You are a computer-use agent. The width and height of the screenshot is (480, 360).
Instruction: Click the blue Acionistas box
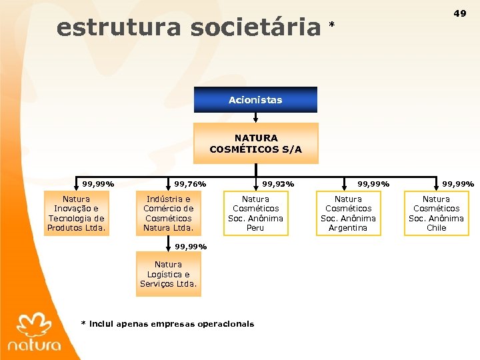point(255,100)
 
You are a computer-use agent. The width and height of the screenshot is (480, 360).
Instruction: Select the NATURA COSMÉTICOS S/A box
point(255,143)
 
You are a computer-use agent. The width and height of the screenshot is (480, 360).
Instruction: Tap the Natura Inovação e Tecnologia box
point(76,213)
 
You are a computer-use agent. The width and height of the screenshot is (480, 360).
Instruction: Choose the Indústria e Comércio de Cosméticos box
point(169,213)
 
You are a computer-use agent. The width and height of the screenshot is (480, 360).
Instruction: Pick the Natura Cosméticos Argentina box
point(348,213)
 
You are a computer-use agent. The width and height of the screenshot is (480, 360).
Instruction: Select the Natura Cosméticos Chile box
point(436,213)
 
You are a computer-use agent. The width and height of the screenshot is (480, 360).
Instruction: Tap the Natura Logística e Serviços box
point(168,274)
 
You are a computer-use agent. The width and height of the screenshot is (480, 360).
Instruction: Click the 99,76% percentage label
point(190,184)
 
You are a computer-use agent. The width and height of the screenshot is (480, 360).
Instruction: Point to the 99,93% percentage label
point(278,184)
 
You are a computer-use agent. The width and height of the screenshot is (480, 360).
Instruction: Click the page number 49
point(460,13)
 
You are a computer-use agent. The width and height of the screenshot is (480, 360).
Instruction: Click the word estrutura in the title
point(119,28)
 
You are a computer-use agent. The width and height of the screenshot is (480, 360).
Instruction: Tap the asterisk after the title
point(332,26)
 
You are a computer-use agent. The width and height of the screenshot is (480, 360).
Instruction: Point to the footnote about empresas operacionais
point(167,324)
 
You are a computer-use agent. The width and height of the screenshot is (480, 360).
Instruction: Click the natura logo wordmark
point(34,345)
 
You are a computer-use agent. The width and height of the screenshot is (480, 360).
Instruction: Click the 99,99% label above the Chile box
point(458,184)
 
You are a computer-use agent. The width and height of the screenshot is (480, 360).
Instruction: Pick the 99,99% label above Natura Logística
point(191,246)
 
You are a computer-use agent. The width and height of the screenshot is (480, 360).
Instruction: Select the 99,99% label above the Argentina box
point(374,184)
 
